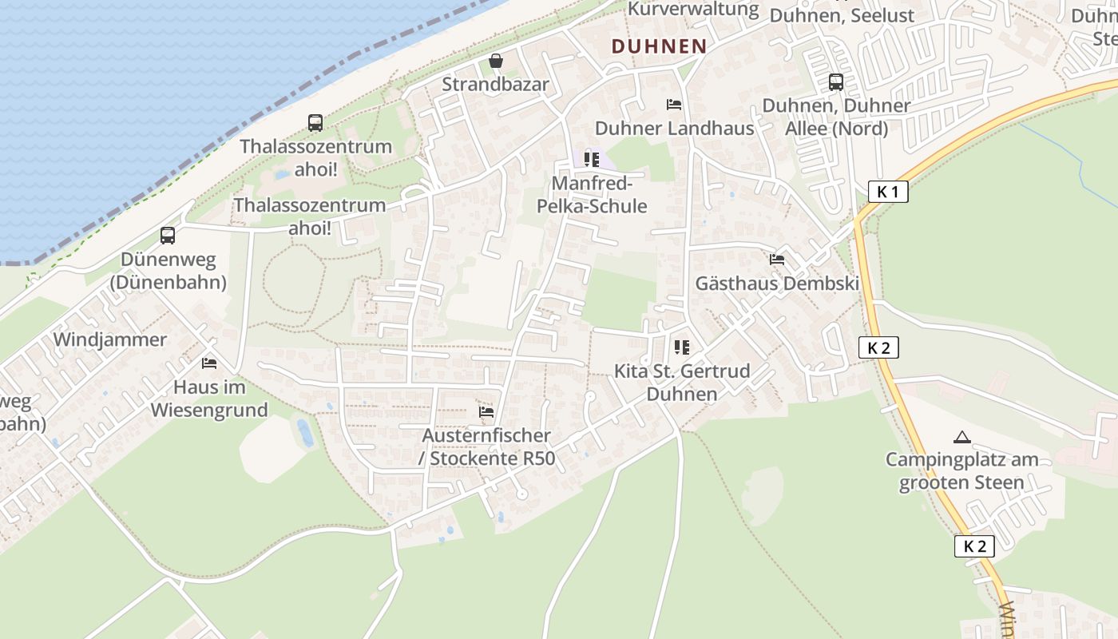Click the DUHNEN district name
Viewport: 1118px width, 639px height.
point(659,46)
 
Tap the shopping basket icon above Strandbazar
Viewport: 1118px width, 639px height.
point(496,61)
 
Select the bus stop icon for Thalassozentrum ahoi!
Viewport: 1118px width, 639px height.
point(315,123)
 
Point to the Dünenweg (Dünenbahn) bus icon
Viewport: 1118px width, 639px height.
point(168,236)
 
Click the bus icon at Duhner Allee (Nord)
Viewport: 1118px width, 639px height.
point(836,81)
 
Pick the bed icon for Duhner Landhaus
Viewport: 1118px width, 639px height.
point(674,105)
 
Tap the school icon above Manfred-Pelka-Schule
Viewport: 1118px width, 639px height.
point(591,160)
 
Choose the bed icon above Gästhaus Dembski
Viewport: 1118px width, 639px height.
point(776,260)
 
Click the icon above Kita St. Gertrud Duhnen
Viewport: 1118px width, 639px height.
point(681,347)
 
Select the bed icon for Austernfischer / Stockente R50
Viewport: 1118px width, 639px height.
point(486,412)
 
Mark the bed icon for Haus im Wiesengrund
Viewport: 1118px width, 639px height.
point(209,363)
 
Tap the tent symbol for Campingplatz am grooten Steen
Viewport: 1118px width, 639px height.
point(961,437)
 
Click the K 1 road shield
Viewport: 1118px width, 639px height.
point(887,192)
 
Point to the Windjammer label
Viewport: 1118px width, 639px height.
point(110,339)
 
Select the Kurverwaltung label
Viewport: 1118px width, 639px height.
point(693,10)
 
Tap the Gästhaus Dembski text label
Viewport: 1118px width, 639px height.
point(776,284)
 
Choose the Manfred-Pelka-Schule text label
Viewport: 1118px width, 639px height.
point(599,195)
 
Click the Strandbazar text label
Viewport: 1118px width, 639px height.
point(495,85)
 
